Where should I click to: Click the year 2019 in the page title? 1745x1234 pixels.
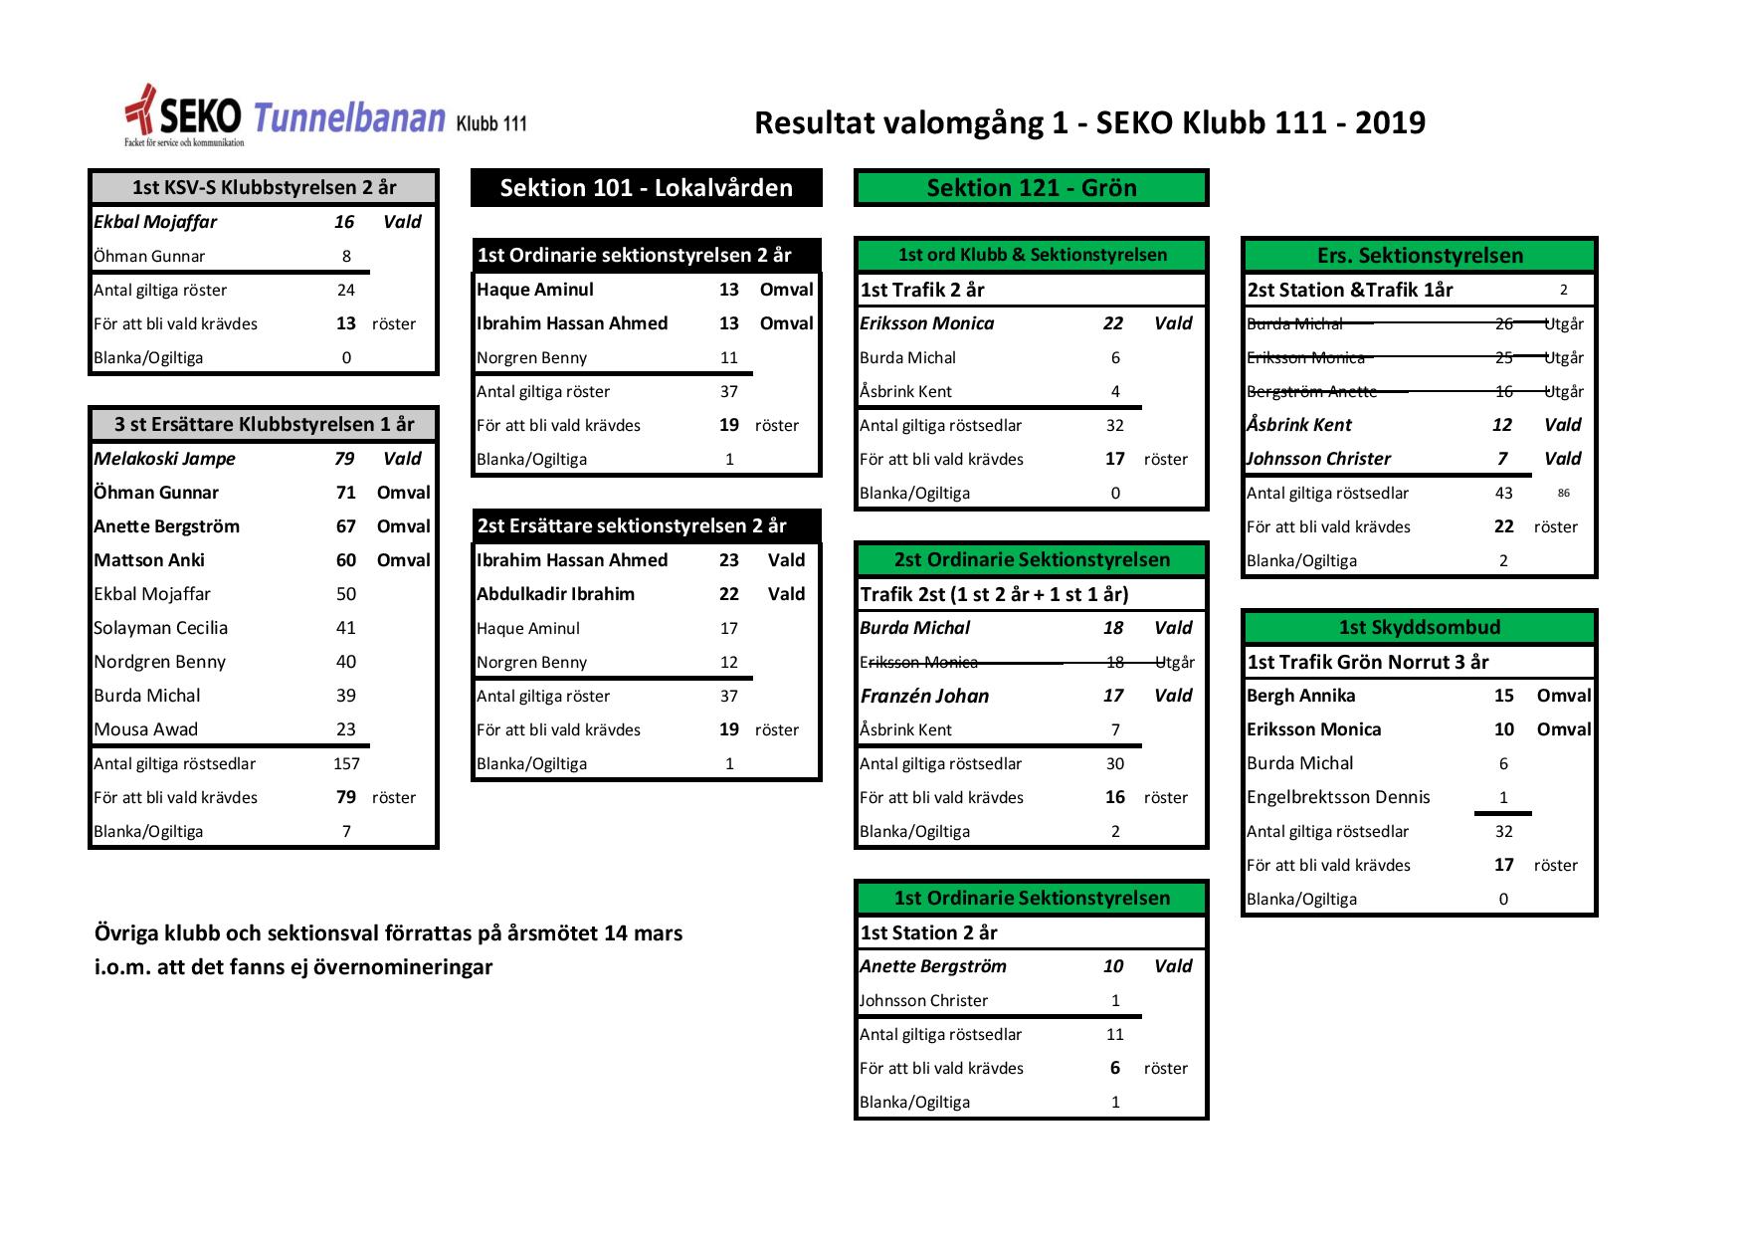1390,122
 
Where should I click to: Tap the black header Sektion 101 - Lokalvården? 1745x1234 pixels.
646,188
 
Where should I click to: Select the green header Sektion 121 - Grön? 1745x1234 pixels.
1031,188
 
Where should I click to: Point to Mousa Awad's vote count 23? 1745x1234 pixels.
346,729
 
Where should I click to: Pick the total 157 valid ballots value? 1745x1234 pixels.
346,763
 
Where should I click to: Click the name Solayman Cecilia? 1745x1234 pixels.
160,628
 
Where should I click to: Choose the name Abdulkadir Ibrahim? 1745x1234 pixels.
555,594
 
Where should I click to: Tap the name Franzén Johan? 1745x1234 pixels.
924,696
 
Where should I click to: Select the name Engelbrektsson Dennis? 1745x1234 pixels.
1338,797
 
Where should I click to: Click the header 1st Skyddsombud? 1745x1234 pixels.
1419,628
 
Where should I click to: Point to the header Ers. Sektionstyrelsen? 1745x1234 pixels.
1419,256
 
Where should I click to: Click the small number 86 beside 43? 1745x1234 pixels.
1564,494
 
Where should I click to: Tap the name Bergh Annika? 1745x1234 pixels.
1300,696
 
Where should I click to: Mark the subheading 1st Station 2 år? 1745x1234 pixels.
928,932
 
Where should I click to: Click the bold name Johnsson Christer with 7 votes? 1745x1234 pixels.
1318,459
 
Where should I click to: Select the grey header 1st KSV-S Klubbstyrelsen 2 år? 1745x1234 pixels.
264,188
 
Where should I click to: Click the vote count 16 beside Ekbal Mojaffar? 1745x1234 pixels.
344,222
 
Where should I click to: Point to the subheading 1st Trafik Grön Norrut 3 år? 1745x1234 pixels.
1367,662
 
